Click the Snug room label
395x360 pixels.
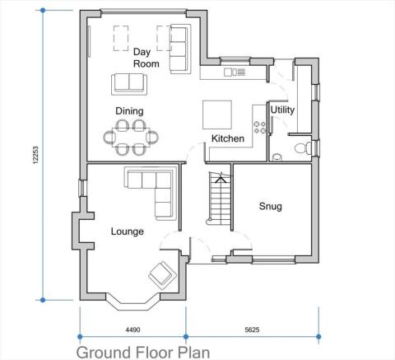pos(270,207)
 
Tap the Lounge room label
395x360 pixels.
pos(128,231)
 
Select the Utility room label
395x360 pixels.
pos(282,110)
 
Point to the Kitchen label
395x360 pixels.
pos(228,138)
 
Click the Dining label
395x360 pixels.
pos(129,111)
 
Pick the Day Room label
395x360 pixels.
pos(146,58)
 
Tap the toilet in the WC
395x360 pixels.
pos(304,148)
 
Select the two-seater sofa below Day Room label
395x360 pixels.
pos(128,83)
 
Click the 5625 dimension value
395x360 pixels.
pos(252,330)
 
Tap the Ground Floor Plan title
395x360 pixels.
pos(143,352)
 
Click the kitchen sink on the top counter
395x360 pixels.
pos(233,72)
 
